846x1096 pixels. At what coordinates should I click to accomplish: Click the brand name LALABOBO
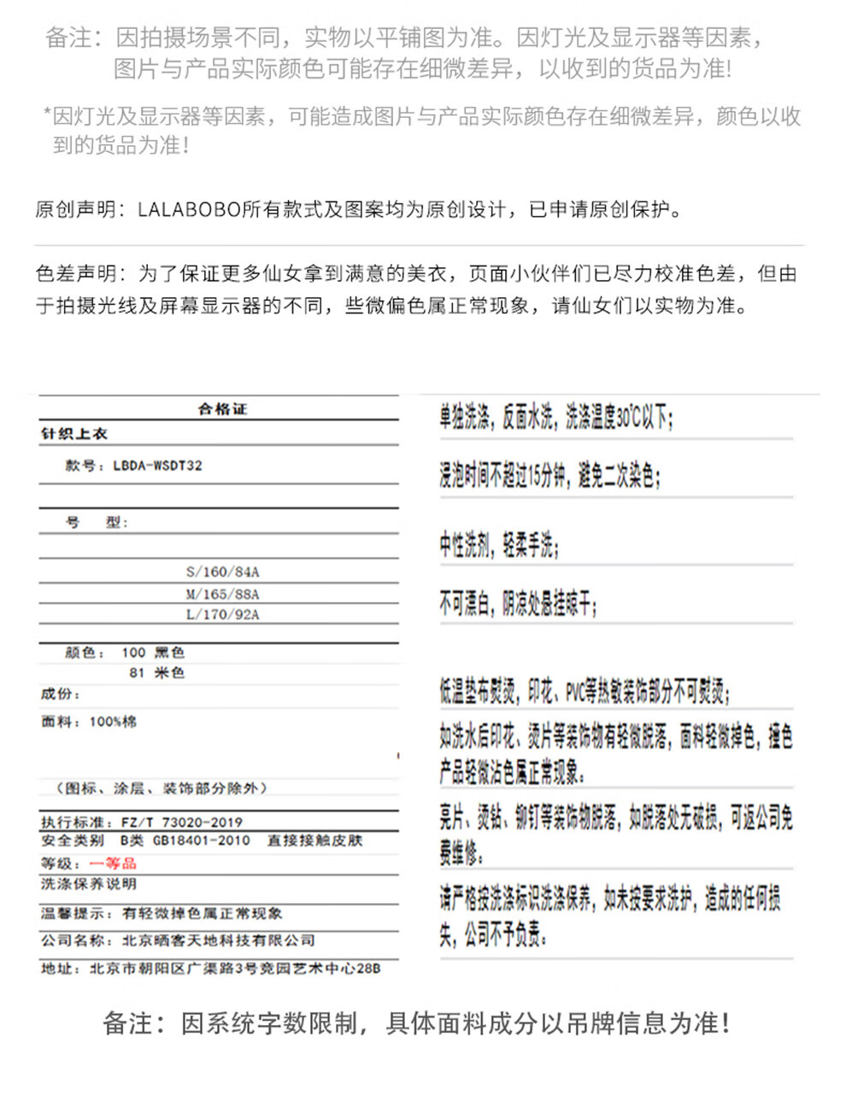pos(189,210)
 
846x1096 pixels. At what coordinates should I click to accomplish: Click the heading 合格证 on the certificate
pos(221,409)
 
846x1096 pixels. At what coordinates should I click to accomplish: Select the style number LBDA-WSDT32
pos(157,466)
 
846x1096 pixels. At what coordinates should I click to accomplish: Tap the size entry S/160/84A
pos(222,571)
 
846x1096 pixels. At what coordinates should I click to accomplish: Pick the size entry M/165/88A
pos(222,594)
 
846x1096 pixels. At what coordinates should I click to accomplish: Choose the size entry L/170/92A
pos(222,614)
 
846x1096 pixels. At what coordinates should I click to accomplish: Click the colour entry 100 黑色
pos(153,653)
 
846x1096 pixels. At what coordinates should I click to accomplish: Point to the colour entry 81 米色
pos(156,673)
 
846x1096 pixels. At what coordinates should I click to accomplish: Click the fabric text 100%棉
pos(113,722)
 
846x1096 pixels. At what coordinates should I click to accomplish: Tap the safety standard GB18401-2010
pos(201,841)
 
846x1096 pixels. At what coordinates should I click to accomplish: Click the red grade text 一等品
pos(113,864)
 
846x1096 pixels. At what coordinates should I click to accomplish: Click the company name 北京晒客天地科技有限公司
pos(219,941)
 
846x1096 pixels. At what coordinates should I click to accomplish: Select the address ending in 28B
pos(235,969)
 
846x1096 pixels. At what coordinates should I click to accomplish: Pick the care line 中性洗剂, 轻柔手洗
pos(499,545)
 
